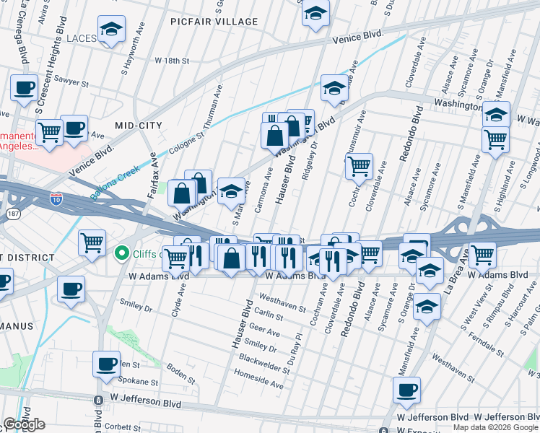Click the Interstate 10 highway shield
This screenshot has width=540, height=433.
56,196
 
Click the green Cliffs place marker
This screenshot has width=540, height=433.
122,253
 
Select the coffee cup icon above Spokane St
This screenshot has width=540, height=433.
107,365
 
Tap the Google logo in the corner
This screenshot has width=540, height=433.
24,424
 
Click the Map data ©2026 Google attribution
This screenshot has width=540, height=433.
495,427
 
